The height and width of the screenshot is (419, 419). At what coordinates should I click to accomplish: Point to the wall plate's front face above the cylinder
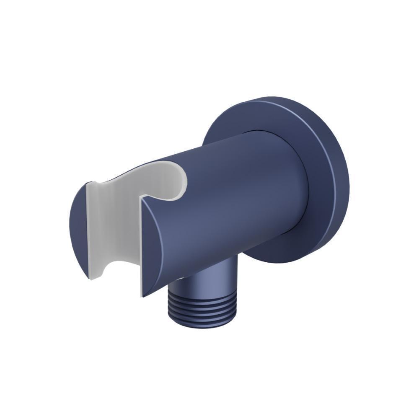(x=260, y=115)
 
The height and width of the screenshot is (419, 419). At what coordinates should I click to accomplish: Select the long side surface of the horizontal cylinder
(x=235, y=193)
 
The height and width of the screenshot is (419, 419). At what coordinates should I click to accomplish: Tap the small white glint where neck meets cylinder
(x=178, y=279)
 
